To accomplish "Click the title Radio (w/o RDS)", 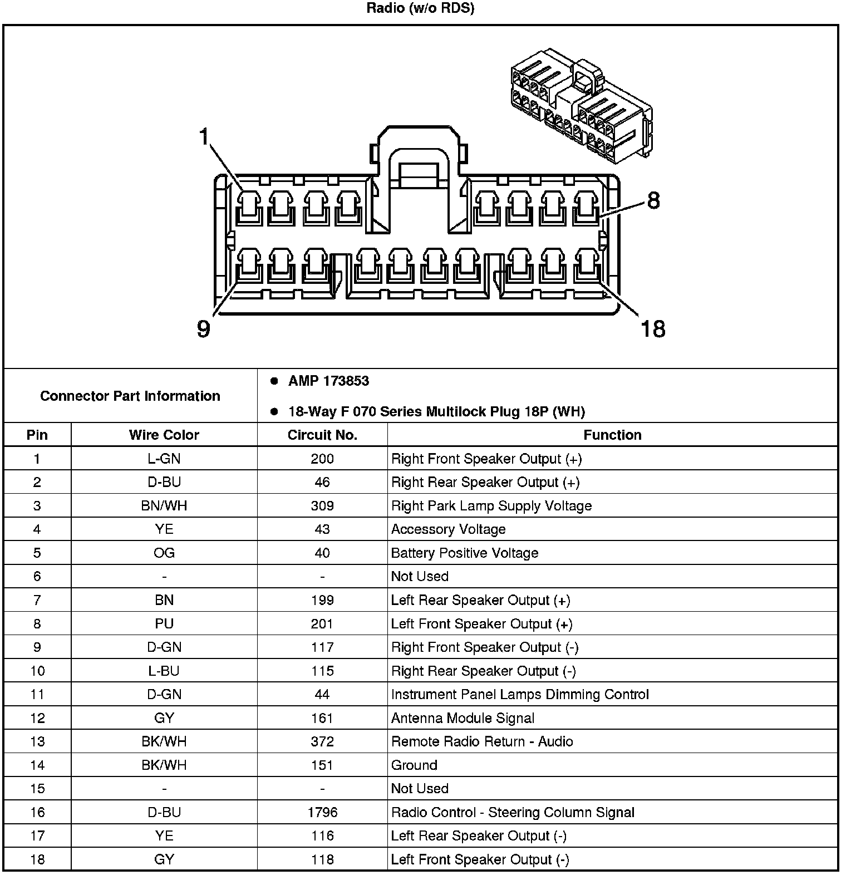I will pyautogui.click(x=420, y=8).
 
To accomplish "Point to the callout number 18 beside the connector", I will pyautogui.click(x=653, y=329).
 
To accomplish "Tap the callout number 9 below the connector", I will pyautogui.click(x=204, y=329).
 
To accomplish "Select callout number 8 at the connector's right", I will pyautogui.click(x=653, y=200).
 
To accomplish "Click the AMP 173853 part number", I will pyautogui.click(x=328, y=381).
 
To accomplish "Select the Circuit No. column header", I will pyautogui.click(x=322, y=435).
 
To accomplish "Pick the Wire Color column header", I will pyautogui.click(x=164, y=435).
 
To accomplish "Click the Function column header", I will pyautogui.click(x=612, y=435).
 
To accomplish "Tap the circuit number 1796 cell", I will pyautogui.click(x=322, y=812).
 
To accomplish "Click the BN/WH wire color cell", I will pyautogui.click(x=164, y=506).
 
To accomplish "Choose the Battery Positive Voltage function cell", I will pyautogui.click(x=465, y=553).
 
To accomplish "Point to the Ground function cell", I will pyautogui.click(x=414, y=765).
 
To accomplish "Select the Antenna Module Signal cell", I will pyautogui.click(x=463, y=718).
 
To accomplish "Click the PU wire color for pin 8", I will pyautogui.click(x=164, y=624).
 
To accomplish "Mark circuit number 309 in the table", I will pyautogui.click(x=322, y=506).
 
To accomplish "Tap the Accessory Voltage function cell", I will pyautogui.click(x=448, y=529).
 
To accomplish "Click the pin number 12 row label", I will pyautogui.click(x=37, y=718).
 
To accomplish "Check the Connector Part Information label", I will pyautogui.click(x=130, y=396).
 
